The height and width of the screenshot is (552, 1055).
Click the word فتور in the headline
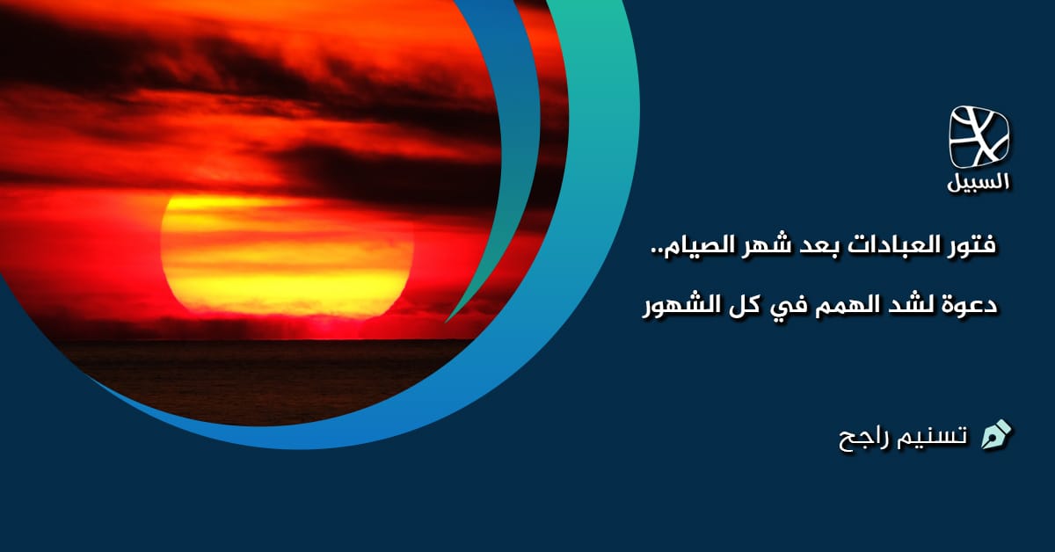click(969, 247)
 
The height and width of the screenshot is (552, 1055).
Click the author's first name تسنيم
click(933, 435)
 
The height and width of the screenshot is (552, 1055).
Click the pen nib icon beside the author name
click(996, 434)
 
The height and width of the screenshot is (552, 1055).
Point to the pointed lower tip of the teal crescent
click(447, 320)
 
